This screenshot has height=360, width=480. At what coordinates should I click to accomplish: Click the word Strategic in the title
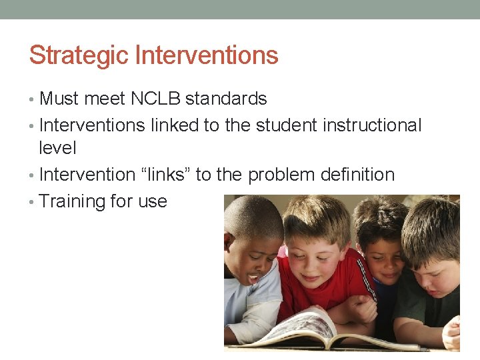[79, 55]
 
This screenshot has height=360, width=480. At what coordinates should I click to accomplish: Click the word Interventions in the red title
[207, 55]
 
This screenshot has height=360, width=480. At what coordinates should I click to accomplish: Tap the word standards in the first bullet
[226, 99]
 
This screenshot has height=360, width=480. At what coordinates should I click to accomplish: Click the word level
[58, 148]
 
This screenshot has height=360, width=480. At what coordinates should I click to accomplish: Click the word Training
[73, 201]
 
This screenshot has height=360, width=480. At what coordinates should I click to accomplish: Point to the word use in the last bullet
[153, 201]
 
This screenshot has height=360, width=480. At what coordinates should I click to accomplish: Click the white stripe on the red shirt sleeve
[365, 280]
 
